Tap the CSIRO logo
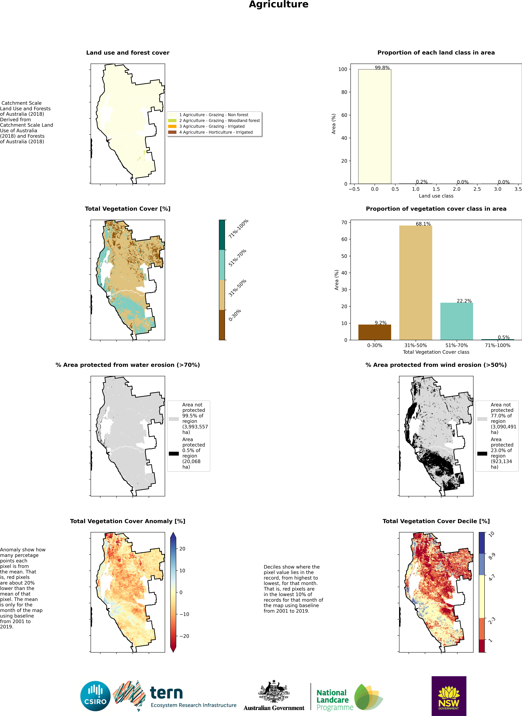[95, 696]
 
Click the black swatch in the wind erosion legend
[482, 454]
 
